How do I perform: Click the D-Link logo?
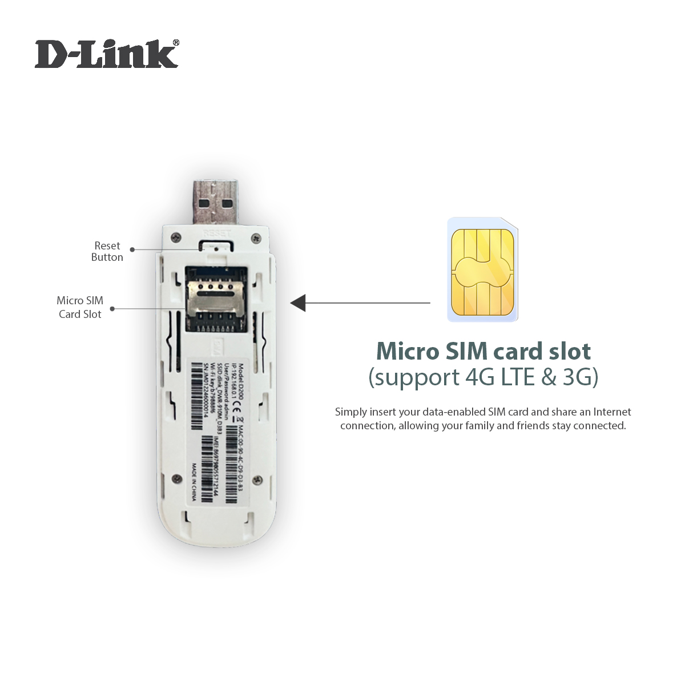106,55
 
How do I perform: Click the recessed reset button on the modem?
216,247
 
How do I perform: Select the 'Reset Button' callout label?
107,251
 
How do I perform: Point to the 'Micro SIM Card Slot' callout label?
80,307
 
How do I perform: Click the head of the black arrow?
298,303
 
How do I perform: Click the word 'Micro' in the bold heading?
408,351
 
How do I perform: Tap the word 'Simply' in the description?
351,412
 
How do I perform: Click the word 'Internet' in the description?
612,412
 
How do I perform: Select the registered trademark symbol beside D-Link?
176,42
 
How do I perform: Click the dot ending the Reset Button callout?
132,249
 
